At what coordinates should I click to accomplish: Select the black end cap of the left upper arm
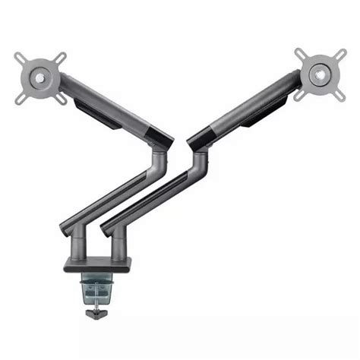pos(162,139)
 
